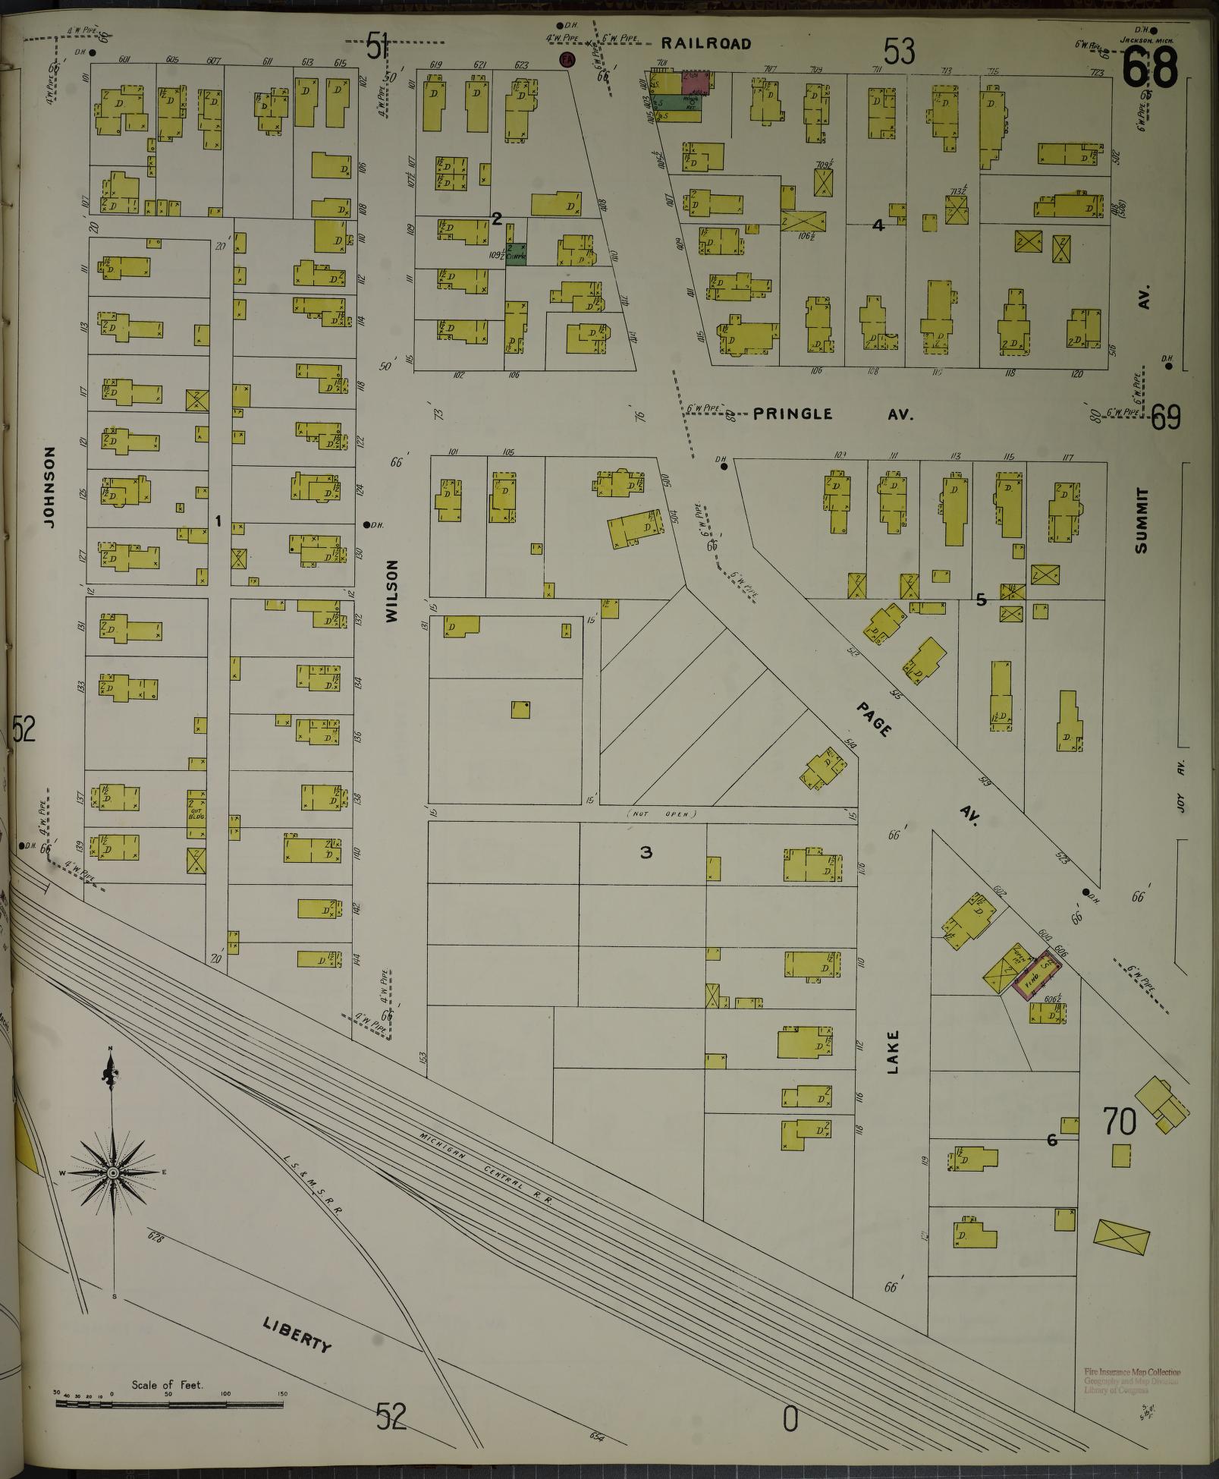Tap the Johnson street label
pos(50,487)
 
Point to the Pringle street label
pos(793,414)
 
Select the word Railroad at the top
pos(705,44)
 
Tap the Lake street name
pos(892,1050)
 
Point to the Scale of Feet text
pos(167,1385)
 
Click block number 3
pos(646,853)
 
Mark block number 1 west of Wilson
pos(218,521)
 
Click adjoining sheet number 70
pos(1121,1122)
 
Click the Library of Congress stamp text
pos(1132,1390)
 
